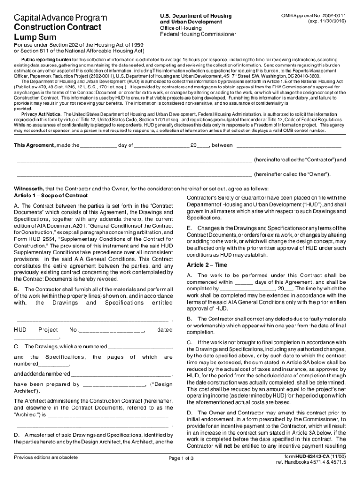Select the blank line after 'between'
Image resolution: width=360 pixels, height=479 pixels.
click(288, 146)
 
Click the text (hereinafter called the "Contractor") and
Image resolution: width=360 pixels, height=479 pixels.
click(299, 160)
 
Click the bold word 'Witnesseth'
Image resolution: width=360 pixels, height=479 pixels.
click(29, 189)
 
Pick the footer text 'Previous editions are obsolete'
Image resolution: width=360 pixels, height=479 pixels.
click(46, 457)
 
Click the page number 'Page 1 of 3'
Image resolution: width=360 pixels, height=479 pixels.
click(180, 458)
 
